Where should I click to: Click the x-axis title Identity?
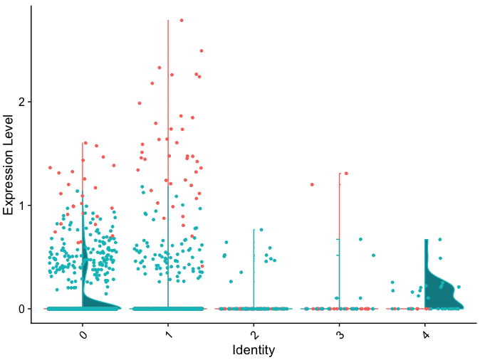(x=254, y=350)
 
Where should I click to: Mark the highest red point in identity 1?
(x=182, y=20)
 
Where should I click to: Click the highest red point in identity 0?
(x=85, y=143)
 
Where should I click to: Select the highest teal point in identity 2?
(x=261, y=229)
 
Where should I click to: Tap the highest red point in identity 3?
(x=346, y=173)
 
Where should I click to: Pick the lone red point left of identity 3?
(x=312, y=184)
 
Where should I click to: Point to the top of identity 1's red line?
(x=168, y=20)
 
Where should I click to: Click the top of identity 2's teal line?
(x=254, y=229)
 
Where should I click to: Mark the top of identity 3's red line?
(x=340, y=173)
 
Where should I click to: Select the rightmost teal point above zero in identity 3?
(x=373, y=255)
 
